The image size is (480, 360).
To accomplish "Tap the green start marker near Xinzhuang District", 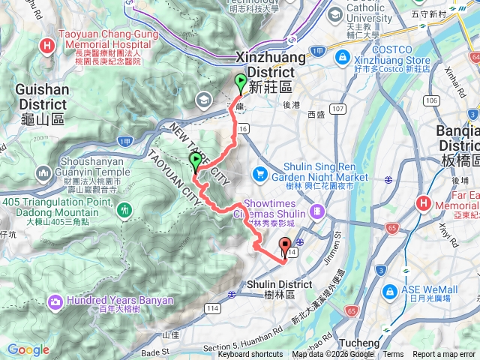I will tap(241, 83).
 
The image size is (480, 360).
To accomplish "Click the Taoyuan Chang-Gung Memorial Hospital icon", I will tap(48, 46).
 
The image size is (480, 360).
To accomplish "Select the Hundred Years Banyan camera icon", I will tap(55, 301).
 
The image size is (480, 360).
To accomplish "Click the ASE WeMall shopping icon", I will tap(390, 291).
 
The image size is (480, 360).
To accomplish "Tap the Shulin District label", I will tap(279, 284).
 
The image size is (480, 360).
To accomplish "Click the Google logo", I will tap(28, 349).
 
